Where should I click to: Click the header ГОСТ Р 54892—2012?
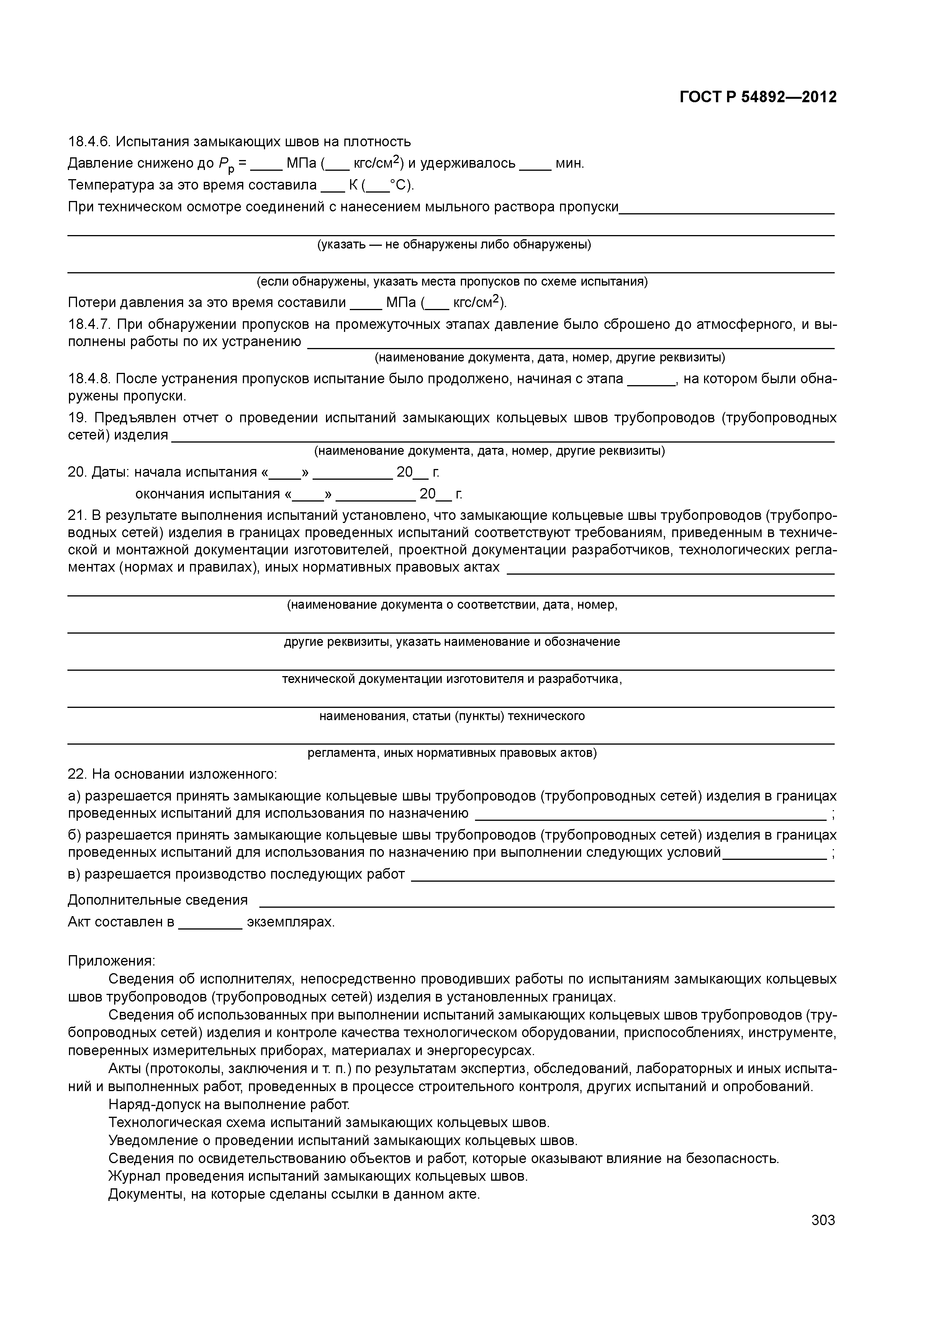click(758, 97)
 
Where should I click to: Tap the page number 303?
click(823, 1220)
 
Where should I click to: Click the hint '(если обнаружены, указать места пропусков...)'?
click(452, 282)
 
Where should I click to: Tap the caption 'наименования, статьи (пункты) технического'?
click(452, 716)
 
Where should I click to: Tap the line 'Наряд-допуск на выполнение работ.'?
click(229, 1104)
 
